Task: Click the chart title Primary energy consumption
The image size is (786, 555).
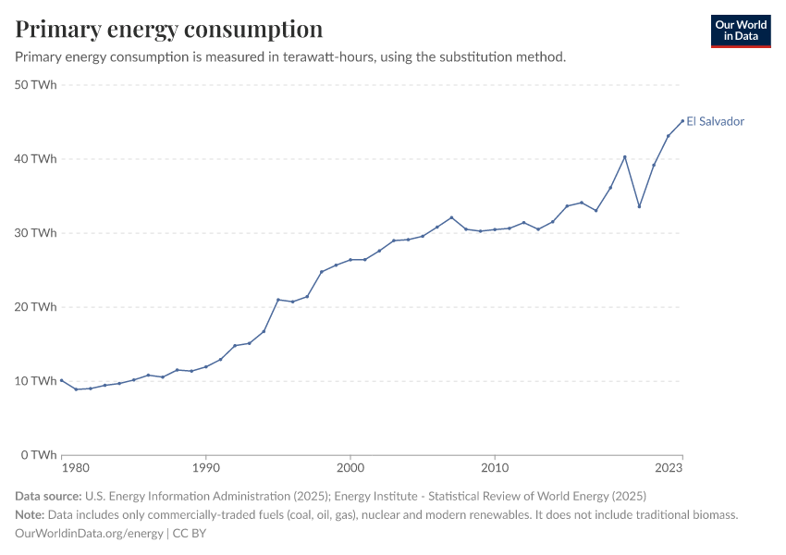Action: click(169, 29)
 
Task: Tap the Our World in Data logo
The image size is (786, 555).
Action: click(740, 31)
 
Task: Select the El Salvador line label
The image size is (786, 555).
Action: click(715, 121)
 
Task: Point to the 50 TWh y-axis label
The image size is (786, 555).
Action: click(37, 85)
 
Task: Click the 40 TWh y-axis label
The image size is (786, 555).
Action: click(37, 159)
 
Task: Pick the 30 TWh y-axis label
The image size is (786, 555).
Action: click(37, 233)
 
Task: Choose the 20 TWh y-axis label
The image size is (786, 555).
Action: click(37, 307)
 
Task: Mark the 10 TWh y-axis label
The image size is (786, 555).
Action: click(37, 381)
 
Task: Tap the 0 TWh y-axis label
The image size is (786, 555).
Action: click(40, 455)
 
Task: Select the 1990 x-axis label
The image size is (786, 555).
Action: click(205, 469)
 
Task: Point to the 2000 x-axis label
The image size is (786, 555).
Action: click(350, 469)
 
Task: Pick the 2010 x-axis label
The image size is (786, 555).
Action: click(495, 469)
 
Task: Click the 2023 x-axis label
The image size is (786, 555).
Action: click(669, 469)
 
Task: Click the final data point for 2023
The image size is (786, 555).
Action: click(682, 120)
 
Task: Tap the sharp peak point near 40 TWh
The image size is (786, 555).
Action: click(625, 156)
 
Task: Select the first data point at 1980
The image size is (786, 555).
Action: click(61, 380)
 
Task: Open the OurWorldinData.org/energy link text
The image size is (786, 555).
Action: click(90, 534)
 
